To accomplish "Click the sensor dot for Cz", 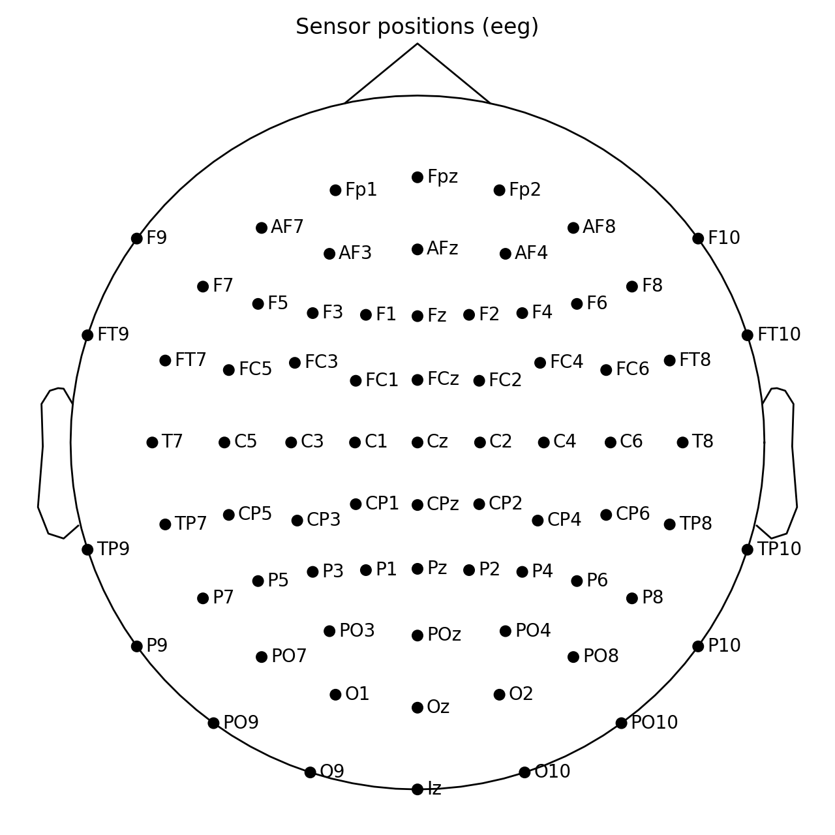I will point(417,442).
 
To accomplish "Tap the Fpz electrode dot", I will point(417,177).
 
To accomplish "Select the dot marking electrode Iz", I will point(417,789).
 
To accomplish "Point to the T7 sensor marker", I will point(152,442).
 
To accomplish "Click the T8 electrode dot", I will point(682,442).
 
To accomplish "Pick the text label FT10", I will point(779,335).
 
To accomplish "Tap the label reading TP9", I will point(114,549).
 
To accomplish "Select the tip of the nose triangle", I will point(417,44).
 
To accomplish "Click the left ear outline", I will point(42,457).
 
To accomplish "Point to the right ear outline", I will point(793,457).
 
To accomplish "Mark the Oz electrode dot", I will point(417,708).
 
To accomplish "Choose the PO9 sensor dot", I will point(213,723).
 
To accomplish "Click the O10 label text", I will point(553,772).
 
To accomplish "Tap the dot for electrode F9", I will point(136,238).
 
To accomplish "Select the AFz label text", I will point(442,249).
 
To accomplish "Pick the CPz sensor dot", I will point(417,505).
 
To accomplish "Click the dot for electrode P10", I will point(698,646).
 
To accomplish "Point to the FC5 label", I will point(255,369).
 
